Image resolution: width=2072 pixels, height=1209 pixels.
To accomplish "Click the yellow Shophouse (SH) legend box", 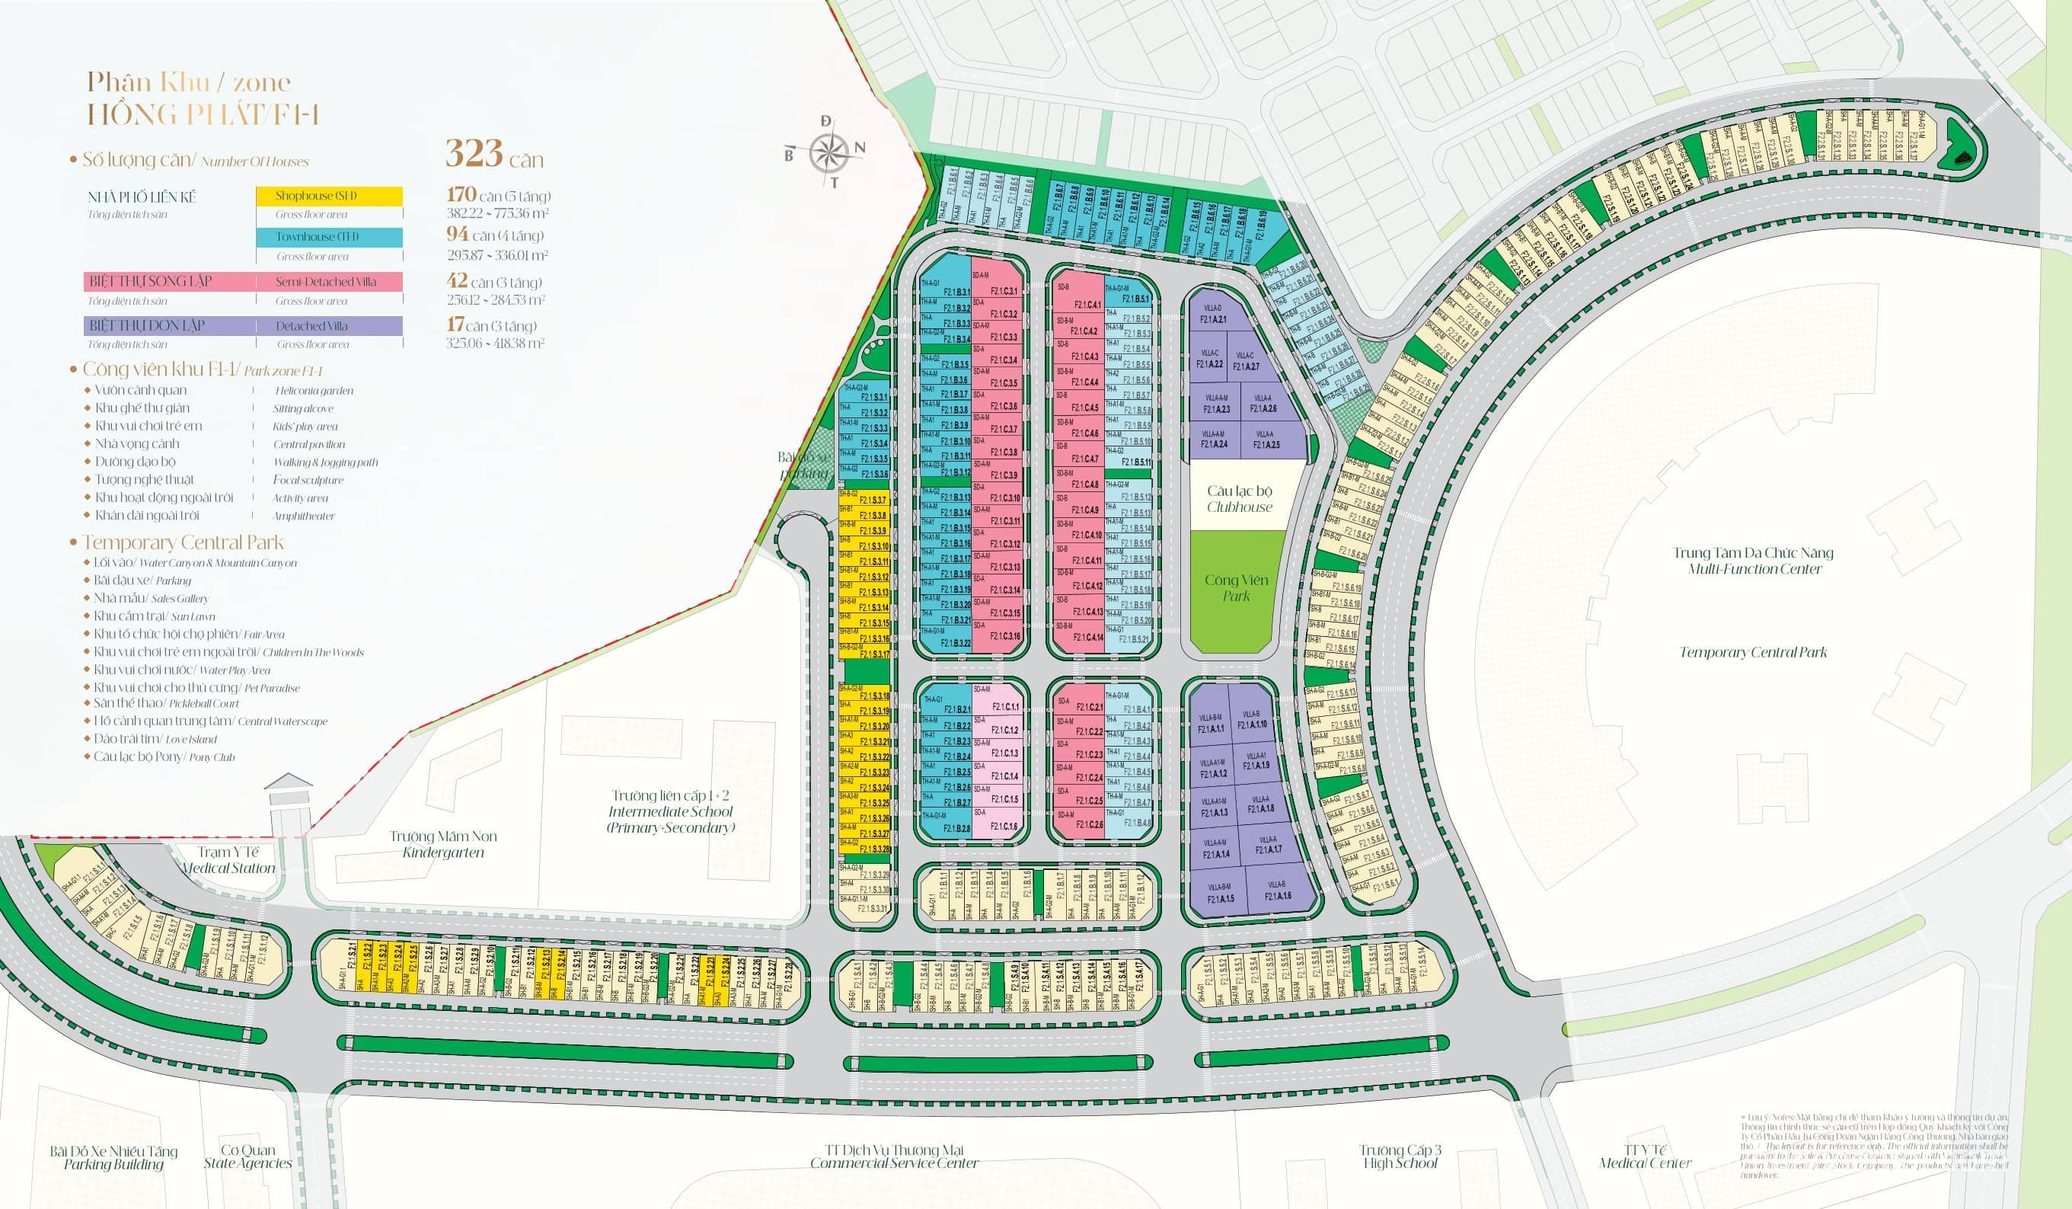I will point(328,196).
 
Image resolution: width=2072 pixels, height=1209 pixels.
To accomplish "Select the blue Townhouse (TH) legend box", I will point(328,237).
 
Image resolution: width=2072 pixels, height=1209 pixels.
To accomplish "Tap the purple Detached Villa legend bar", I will point(244,326).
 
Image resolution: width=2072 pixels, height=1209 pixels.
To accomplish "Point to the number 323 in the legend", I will point(474,154).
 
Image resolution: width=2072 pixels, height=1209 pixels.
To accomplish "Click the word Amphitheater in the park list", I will point(303,517).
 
